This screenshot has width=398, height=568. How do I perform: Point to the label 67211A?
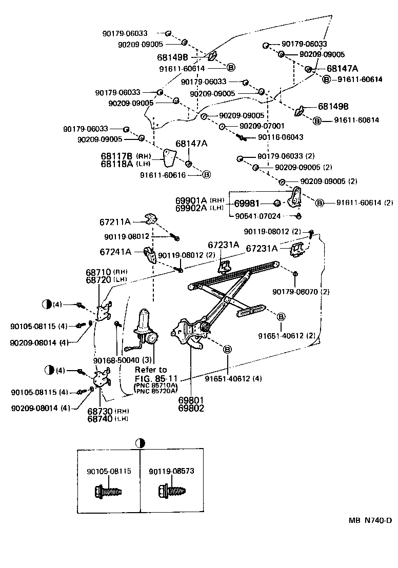115,222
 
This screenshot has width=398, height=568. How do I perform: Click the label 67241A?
115,252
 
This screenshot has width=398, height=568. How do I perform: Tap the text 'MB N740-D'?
370,520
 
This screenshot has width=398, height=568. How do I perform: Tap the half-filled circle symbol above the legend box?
140,443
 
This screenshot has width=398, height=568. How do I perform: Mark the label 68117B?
116,155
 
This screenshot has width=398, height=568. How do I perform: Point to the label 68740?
99,418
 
